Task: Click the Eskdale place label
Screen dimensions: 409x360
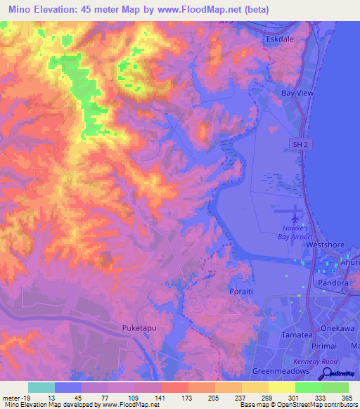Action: pyautogui.click(x=279, y=39)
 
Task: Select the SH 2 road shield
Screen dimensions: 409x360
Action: pyautogui.click(x=300, y=143)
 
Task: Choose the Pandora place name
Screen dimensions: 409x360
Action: pyautogui.click(x=335, y=283)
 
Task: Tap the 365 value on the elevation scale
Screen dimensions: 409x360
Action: pyautogui.click(x=347, y=397)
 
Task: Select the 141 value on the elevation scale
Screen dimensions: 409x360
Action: pyautogui.click(x=161, y=397)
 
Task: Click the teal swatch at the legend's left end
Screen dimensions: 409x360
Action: pyautogui.click(x=41, y=387)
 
